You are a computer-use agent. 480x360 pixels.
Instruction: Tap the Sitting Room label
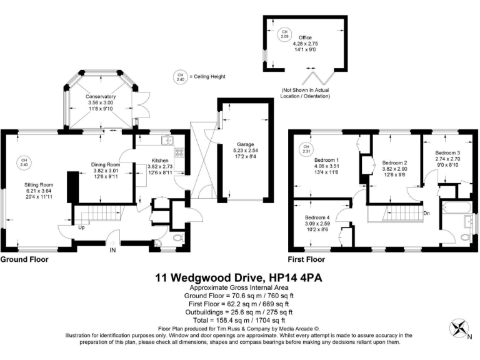pos(39,185)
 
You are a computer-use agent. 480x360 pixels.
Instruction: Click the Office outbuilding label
pos(305,37)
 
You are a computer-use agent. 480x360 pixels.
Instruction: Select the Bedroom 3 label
pos(447,153)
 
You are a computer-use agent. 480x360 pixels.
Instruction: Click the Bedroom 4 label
pos(317,217)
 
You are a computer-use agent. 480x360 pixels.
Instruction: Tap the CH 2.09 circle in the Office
pos(284,33)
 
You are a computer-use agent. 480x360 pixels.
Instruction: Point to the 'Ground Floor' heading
pos(24,259)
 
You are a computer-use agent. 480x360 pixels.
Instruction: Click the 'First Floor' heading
pos(306,259)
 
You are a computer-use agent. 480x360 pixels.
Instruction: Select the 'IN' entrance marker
pos(113,250)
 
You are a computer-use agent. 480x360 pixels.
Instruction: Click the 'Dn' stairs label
pos(426,213)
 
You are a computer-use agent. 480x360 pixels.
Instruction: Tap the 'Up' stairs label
pos(81,227)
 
